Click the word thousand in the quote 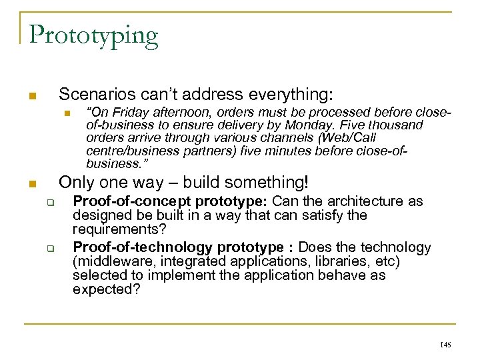click(398, 125)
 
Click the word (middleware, click(110, 261)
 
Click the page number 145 click(446, 345)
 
